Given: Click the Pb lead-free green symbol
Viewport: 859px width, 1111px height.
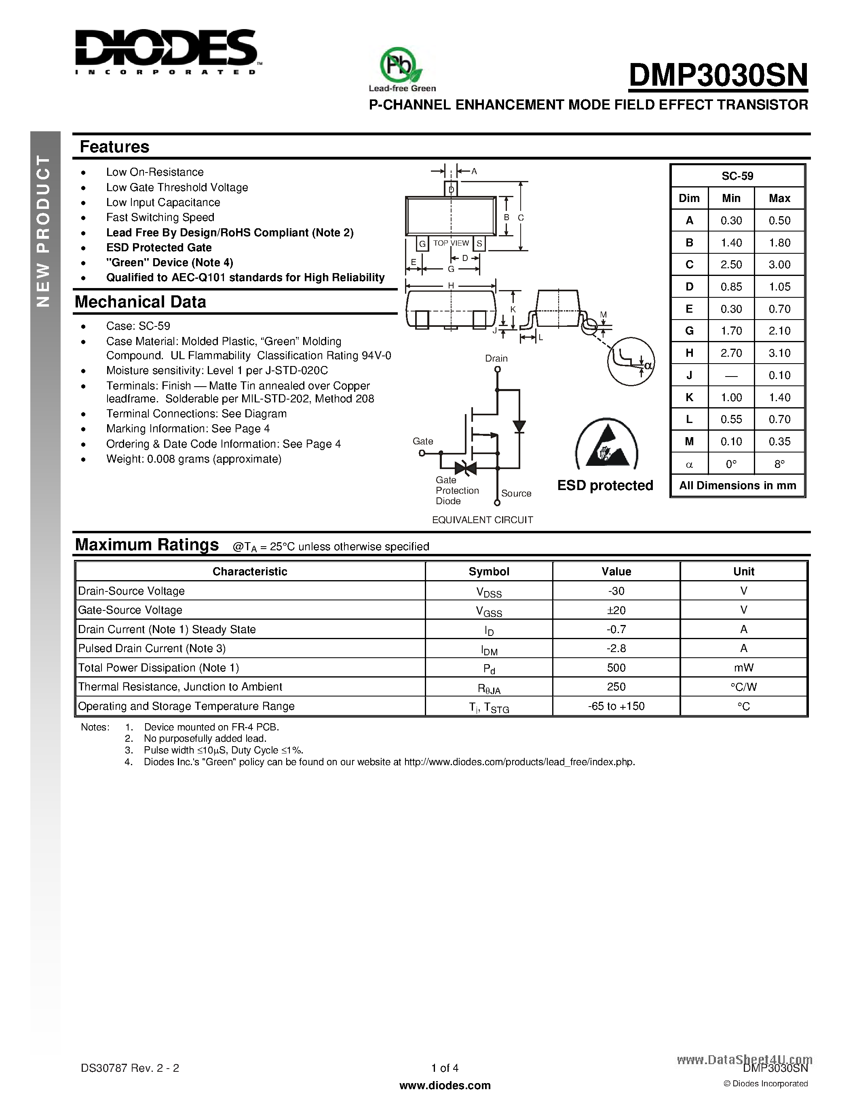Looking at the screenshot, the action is (x=401, y=66).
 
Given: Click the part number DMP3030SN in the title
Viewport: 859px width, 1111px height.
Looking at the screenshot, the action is (x=718, y=75).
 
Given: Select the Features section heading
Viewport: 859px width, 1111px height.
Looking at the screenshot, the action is (x=114, y=147).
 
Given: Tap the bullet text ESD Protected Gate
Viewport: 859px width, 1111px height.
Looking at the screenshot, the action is (x=159, y=248).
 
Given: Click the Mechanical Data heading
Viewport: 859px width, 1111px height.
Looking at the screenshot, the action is (x=140, y=302).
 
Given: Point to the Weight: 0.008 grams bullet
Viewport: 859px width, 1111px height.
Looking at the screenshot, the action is (x=193, y=459).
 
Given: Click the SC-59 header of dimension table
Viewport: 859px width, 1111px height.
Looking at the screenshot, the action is (x=737, y=176).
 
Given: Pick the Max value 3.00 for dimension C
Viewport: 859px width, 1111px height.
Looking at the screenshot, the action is (x=779, y=265).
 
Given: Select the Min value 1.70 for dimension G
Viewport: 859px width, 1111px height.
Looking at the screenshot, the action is (x=731, y=330).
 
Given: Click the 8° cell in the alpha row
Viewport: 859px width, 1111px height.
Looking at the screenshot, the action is (x=779, y=464).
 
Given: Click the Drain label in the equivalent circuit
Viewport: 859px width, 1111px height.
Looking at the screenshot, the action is (x=496, y=358).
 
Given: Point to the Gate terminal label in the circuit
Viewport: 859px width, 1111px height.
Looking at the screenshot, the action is (x=423, y=441).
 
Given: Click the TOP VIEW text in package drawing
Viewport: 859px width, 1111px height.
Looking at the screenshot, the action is (x=451, y=243).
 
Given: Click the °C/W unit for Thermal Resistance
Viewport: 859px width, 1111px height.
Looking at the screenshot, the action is (x=743, y=687).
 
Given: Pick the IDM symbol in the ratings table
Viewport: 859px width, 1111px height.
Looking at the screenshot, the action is (x=489, y=650).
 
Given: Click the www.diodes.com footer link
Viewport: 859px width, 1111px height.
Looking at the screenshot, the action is (x=445, y=1085).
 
